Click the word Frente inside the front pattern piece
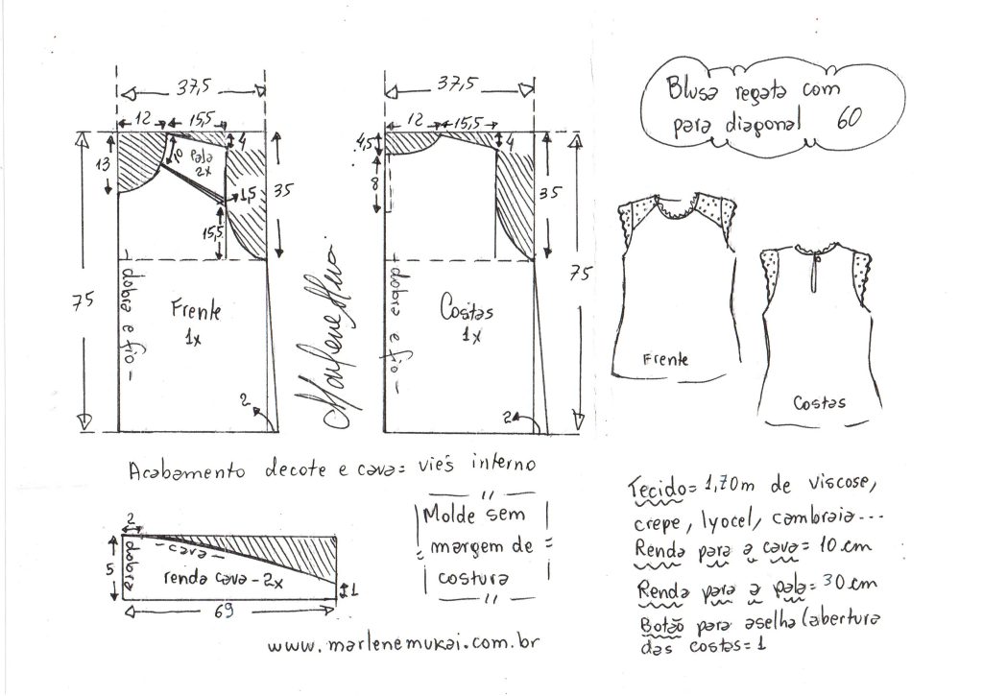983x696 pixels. [196, 310]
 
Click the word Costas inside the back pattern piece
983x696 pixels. [467, 309]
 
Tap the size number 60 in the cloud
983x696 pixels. [849, 118]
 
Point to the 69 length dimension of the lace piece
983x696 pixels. [224, 611]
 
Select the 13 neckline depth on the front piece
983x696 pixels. [102, 164]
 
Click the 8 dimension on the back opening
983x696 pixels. [375, 183]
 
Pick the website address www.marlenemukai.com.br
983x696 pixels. [403, 644]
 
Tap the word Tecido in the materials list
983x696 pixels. [654, 487]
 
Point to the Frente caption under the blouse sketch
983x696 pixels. [664, 359]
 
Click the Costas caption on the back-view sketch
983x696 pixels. [820, 402]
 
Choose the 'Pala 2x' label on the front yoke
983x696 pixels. [201, 163]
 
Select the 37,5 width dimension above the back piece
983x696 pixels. [458, 83]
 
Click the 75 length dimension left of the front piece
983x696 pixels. [83, 301]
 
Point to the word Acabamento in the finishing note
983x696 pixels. [187, 470]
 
